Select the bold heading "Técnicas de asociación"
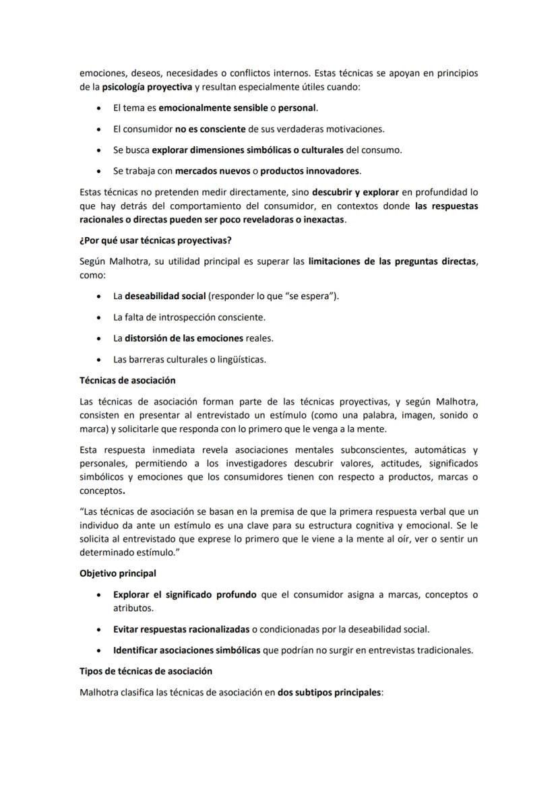point(127,380)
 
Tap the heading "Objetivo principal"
point(118,573)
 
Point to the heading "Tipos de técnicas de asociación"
point(146,671)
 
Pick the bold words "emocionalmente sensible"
point(213,108)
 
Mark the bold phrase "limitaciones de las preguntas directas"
point(393,262)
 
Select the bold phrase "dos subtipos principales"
point(329,692)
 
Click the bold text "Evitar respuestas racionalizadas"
point(181,629)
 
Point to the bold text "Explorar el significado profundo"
point(185,594)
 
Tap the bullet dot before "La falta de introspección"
point(100,317)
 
